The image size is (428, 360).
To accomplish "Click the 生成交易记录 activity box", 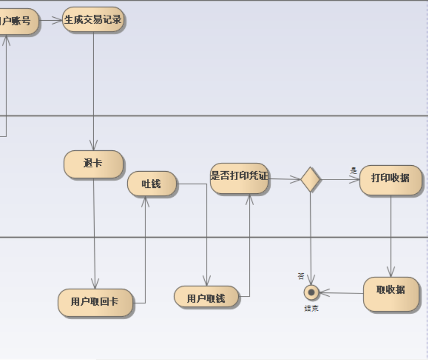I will (93, 20).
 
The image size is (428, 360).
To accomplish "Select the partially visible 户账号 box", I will (17, 21).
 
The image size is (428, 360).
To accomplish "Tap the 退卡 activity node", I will (93, 164).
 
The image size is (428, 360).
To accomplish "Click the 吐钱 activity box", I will (152, 184).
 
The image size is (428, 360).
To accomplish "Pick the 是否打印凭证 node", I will (240, 178).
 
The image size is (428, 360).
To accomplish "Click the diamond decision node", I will (311, 179).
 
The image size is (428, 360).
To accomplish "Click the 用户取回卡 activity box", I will (95, 302).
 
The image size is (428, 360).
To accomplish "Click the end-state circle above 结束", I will (311, 292).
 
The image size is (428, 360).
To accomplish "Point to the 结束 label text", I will (311, 309).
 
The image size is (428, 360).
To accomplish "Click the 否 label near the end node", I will (301, 276).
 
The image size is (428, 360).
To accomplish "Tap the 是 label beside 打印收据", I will (353, 171).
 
